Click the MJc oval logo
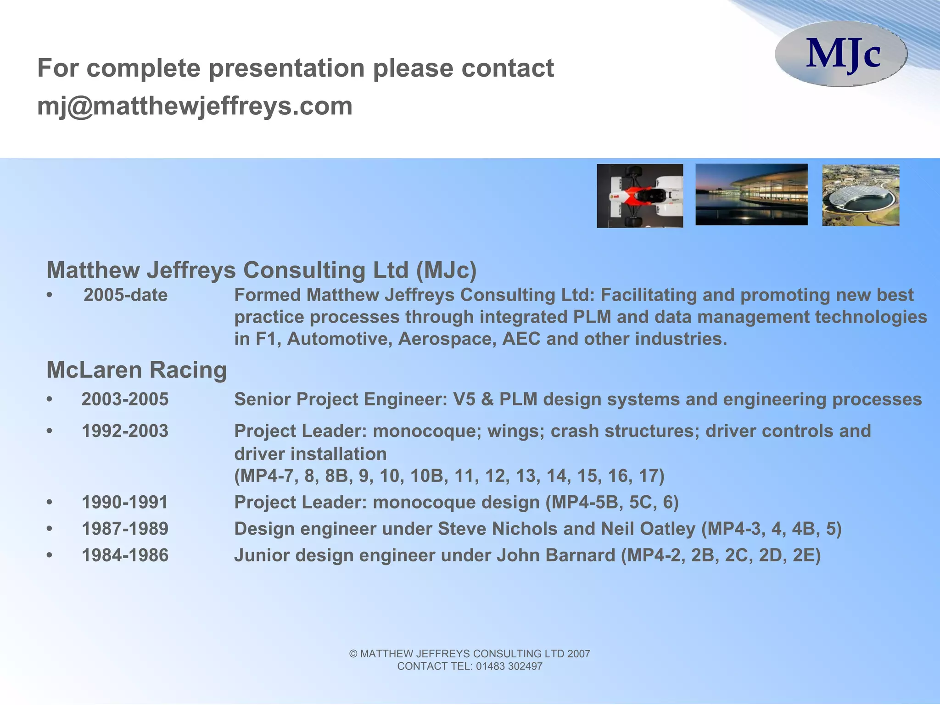coord(841,54)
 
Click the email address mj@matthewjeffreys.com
coord(195,106)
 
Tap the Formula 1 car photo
coord(639,196)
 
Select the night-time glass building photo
coord(751,195)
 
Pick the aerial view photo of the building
coord(861,196)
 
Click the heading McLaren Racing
coord(137,370)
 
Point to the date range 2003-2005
coord(125,399)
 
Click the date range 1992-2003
coord(125,431)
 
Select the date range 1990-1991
coord(125,502)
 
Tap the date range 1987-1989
coord(125,529)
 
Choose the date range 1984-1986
coord(125,555)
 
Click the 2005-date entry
coord(125,295)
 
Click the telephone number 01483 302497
coord(509,666)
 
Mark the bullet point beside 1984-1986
coord(50,555)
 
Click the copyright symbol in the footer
coord(353,654)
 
